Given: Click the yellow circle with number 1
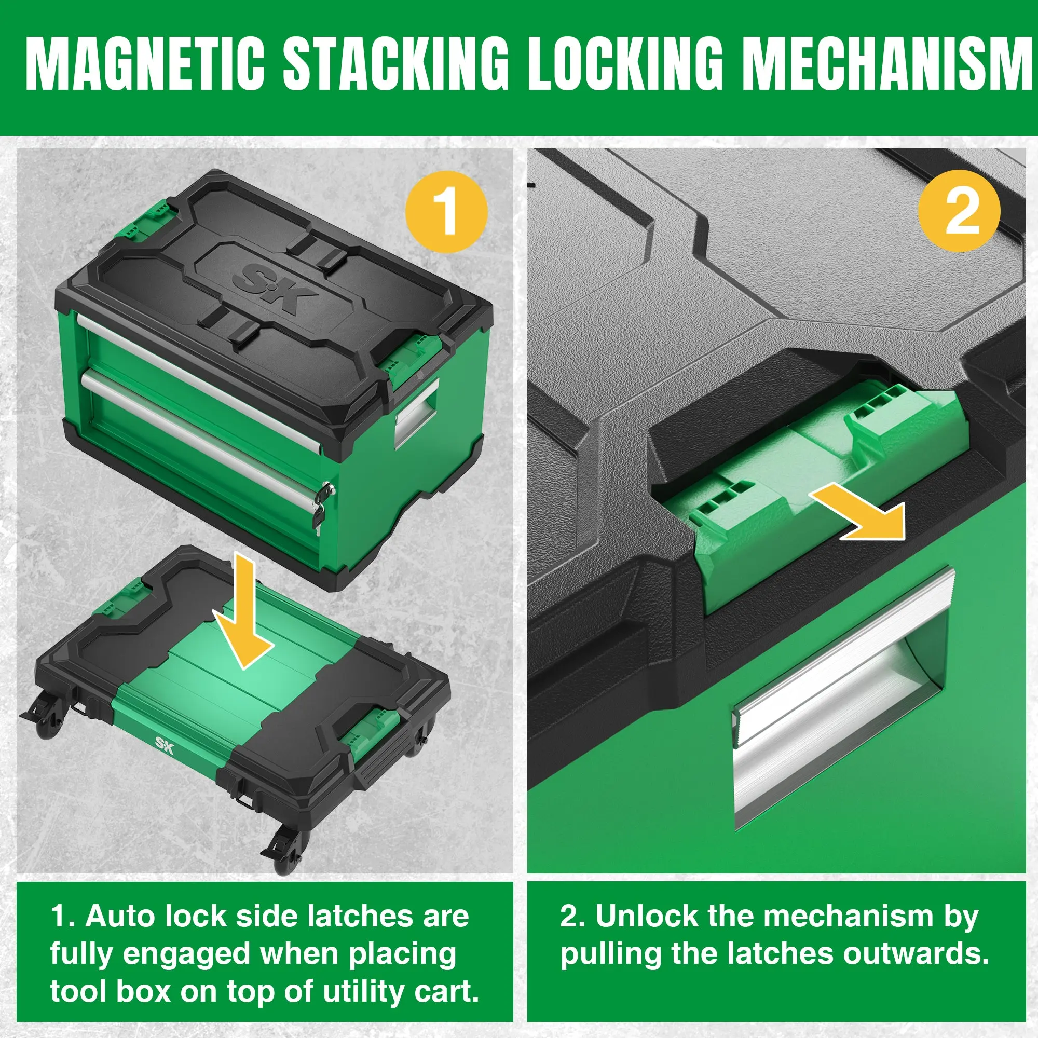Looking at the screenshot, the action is point(446,212).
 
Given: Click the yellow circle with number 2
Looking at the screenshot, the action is point(959,212).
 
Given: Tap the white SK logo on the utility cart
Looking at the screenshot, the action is point(165,745).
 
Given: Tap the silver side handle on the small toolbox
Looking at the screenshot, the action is point(417,413).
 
